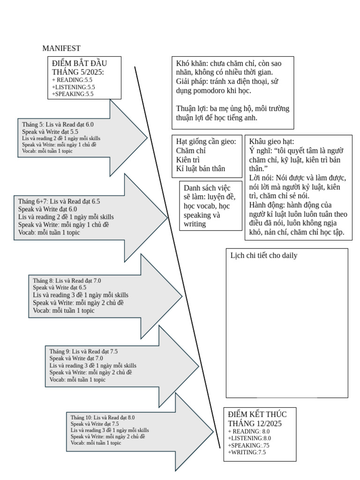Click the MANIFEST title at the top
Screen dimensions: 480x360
click(61, 48)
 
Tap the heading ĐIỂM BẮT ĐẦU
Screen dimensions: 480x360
click(80, 63)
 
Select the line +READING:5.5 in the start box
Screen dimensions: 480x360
click(72, 80)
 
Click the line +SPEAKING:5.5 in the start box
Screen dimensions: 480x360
click(73, 94)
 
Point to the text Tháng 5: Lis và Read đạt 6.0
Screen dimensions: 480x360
click(58, 124)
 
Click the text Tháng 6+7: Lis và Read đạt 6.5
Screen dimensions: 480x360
click(59, 202)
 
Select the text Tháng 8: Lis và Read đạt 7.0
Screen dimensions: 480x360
click(67, 280)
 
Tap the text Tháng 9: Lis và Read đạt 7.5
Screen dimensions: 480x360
click(83, 351)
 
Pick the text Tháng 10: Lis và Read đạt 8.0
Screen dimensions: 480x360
click(103, 417)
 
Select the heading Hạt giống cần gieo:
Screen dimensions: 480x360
click(206, 142)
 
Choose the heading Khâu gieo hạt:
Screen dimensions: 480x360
click(272, 142)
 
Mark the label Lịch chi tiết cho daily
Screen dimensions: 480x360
click(264, 255)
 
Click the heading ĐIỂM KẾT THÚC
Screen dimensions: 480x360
click(257, 414)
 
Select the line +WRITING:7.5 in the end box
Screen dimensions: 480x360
click(247, 452)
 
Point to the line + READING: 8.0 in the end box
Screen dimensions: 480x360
click(249, 431)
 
